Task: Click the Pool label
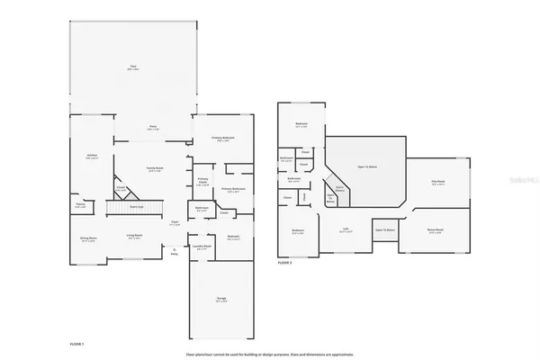click(x=133, y=67)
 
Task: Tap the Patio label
click(x=153, y=127)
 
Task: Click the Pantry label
click(x=79, y=205)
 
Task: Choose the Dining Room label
click(x=88, y=238)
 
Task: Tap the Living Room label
click(x=134, y=237)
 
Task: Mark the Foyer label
click(x=175, y=223)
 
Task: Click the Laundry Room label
click(x=202, y=246)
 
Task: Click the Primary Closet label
click(x=202, y=180)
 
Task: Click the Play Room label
click(x=438, y=183)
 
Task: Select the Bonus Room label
click(x=435, y=230)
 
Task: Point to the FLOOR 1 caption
click(x=76, y=345)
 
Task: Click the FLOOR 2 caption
click(x=284, y=262)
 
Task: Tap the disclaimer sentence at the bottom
click(x=270, y=353)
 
